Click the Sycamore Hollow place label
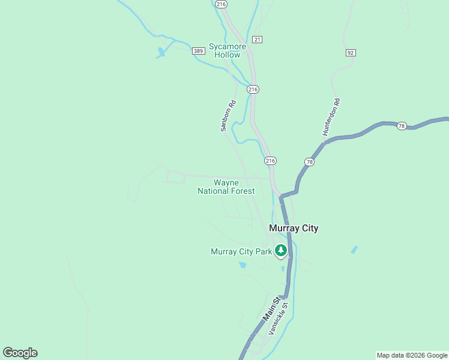click(224, 50)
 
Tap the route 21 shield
click(257, 39)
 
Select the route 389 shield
click(199, 51)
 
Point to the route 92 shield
click(351, 53)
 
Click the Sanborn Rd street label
click(229, 115)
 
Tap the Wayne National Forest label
click(226, 187)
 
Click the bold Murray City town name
click(294, 228)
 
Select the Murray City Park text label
click(241, 251)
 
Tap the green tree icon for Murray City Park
click(280, 251)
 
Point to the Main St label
click(271, 308)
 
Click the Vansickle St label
click(279, 319)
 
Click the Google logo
click(20, 353)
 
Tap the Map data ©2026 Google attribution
click(412, 355)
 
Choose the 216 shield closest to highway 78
click(270, 161)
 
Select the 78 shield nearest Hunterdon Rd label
click(309, 162)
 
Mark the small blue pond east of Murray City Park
click(354, 249)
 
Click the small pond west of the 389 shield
click(160, 53)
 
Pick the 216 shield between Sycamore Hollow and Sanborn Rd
click(253, 89)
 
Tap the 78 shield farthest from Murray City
click(402, 125)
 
